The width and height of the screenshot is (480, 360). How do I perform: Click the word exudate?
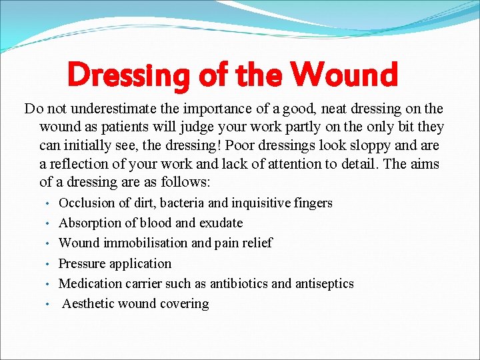point(221,223)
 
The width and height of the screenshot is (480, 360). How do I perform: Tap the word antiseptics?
point(325,283)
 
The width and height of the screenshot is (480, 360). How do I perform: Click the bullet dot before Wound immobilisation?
point(49,244)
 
